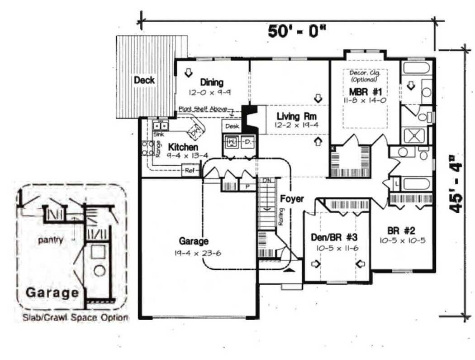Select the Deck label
144,80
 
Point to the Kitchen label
183,148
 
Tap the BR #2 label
395,229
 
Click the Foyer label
292,199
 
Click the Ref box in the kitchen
189,171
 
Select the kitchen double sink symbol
160,126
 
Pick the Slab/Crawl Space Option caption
76,318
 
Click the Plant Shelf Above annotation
203,109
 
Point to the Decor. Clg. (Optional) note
365,75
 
